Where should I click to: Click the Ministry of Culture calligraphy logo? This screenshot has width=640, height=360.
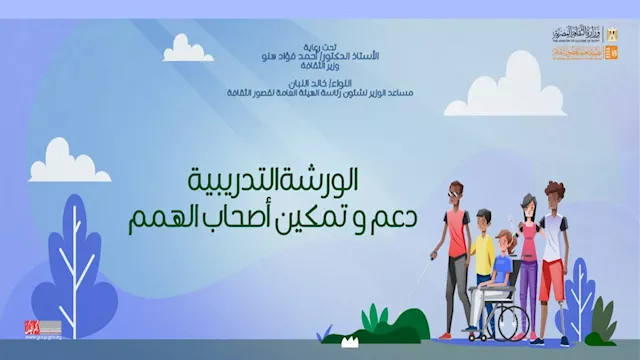coord(573,34)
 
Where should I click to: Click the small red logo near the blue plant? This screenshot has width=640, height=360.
coord(35,327)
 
